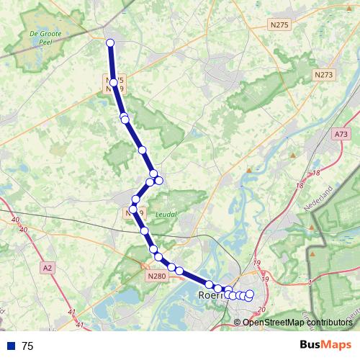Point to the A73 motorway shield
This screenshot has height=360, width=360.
341,134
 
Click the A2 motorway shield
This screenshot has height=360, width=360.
48,268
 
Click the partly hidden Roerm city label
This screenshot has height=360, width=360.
212,294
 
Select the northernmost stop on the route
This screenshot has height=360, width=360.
110,44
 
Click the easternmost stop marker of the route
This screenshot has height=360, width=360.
250,294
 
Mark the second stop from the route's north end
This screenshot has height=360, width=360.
114,83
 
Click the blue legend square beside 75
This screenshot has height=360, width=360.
11,346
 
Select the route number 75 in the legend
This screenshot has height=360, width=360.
28,346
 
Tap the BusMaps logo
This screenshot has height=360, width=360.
325,345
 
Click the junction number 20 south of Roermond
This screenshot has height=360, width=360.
261,310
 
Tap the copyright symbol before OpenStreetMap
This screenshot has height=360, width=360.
238,322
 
